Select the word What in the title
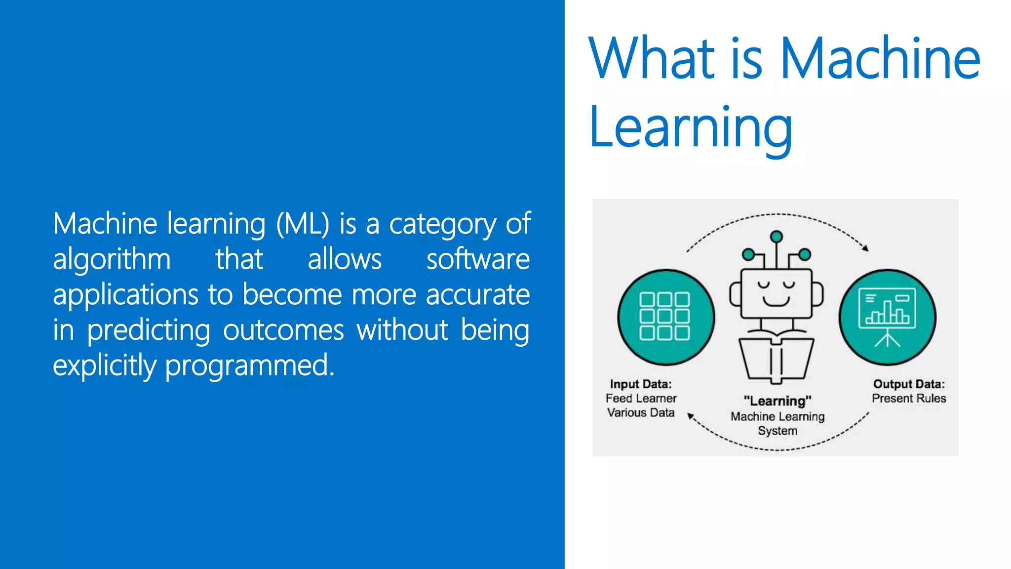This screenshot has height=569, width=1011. click(652, 59)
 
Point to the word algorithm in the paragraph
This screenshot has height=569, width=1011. click(112, 259)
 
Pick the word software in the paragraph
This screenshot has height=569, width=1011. click(478, 259)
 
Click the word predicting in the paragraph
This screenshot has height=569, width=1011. click(149, 330)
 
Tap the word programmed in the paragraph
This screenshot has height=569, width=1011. click(249, 366)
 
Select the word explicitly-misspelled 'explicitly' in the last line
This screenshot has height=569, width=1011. click(104, 366)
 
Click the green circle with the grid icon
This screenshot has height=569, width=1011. click(665, 317)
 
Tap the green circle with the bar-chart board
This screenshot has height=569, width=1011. click(887, 317)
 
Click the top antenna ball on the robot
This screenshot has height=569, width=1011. click(777, 237)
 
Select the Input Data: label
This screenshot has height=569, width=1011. click(641, 384)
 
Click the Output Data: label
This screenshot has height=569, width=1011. click(909, 384)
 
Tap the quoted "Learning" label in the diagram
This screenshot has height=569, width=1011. click(778, 401)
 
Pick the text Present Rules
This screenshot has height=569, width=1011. click(909, 399)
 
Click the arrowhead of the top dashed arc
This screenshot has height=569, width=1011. click(865, 248)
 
